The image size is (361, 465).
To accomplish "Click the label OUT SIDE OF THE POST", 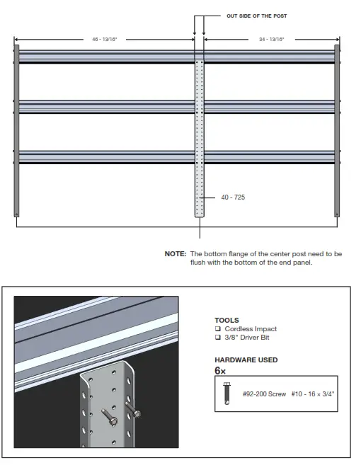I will (x=256, y=16).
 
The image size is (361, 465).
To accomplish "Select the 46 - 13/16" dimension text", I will (x=105, y=40).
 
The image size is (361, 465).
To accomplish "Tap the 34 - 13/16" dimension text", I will (x=270, y=40).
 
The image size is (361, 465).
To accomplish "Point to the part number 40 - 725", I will (x=234, y=197).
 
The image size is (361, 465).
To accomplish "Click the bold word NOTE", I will (x=176, y=253).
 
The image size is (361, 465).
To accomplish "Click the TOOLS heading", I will (x=227, y=320).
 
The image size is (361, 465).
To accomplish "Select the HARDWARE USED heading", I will (x=246, y=360).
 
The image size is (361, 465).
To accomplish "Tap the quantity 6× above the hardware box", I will (x=220, y=370).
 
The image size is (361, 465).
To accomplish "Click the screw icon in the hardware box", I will (x=226, y=393).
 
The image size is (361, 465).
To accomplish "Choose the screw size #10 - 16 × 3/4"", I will (x=312, y=393).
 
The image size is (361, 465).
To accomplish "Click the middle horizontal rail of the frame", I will (x=106, y=106).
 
